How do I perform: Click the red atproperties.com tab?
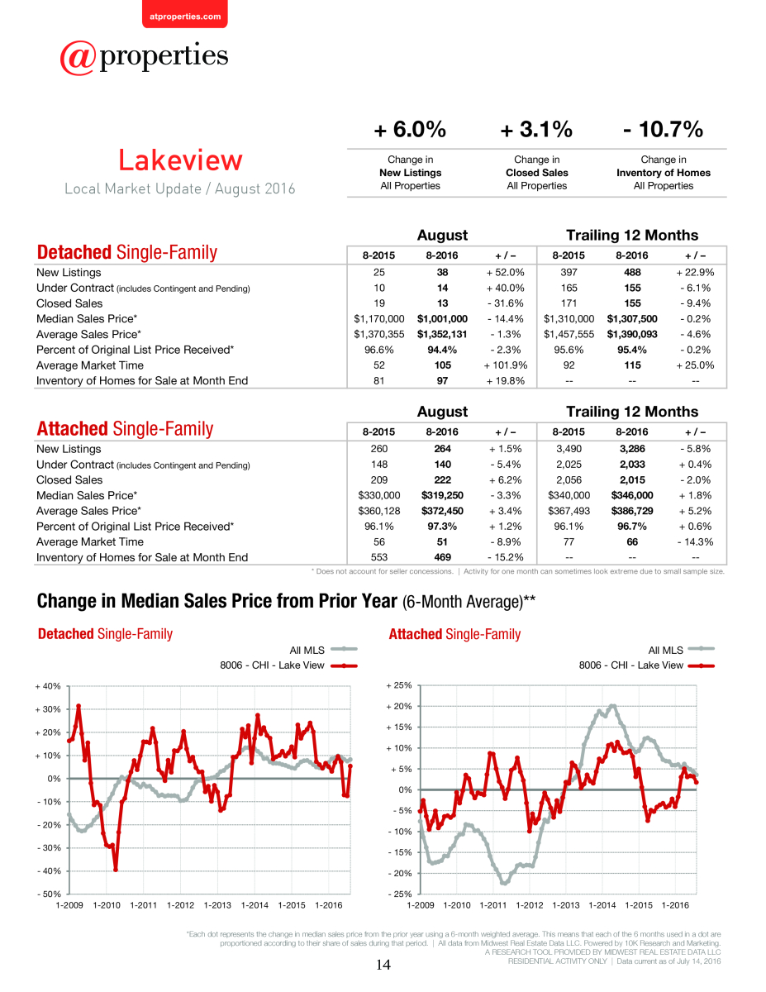185,15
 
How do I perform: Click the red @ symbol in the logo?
78,58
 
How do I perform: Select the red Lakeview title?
180,160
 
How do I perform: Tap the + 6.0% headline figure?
410,129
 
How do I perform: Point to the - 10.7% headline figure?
663,129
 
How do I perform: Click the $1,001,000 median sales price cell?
442,318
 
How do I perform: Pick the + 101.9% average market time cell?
506,365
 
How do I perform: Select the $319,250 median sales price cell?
442,495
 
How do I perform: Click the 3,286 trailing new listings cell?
632,449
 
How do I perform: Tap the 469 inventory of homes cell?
442,557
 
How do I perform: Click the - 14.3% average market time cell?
695,541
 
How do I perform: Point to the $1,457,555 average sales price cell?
569,334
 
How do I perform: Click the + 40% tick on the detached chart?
48,686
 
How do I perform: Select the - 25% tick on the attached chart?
400,894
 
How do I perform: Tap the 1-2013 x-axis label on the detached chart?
217,905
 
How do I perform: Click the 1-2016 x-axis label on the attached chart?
675,905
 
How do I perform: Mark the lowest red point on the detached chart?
116,870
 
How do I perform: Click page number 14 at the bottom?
383,965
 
